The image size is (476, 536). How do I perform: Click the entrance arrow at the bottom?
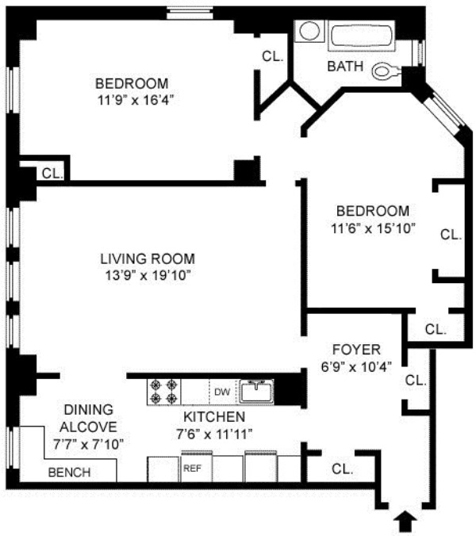click(405, 521)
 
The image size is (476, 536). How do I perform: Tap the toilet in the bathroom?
click(387, 71)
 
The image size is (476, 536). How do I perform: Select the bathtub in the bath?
click(362, 36)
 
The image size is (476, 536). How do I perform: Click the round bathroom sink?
click(309, 31)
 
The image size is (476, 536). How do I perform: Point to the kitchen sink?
click(256, 391)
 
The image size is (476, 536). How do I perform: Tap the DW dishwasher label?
click(222, 392)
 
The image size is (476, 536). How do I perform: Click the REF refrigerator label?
click(192, 468)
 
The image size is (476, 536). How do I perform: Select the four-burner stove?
click(164, 392)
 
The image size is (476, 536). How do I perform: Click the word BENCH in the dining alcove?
click(70, 472)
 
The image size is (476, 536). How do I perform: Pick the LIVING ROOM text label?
click(148, 258)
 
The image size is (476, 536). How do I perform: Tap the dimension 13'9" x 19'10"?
click(148, 275)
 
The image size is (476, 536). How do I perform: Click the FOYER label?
click(357, 350)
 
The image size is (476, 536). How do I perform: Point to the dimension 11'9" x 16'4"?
click(136, 100)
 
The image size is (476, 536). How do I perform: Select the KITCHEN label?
click(214, 417)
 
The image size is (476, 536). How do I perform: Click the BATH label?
click(345, 67)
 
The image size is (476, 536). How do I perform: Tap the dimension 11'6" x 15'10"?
click(373, 228)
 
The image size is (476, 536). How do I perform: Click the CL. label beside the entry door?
click(342, 469)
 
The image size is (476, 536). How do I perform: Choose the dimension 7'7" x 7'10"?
click(88, 444)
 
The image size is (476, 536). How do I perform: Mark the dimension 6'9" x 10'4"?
click(356, 367)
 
